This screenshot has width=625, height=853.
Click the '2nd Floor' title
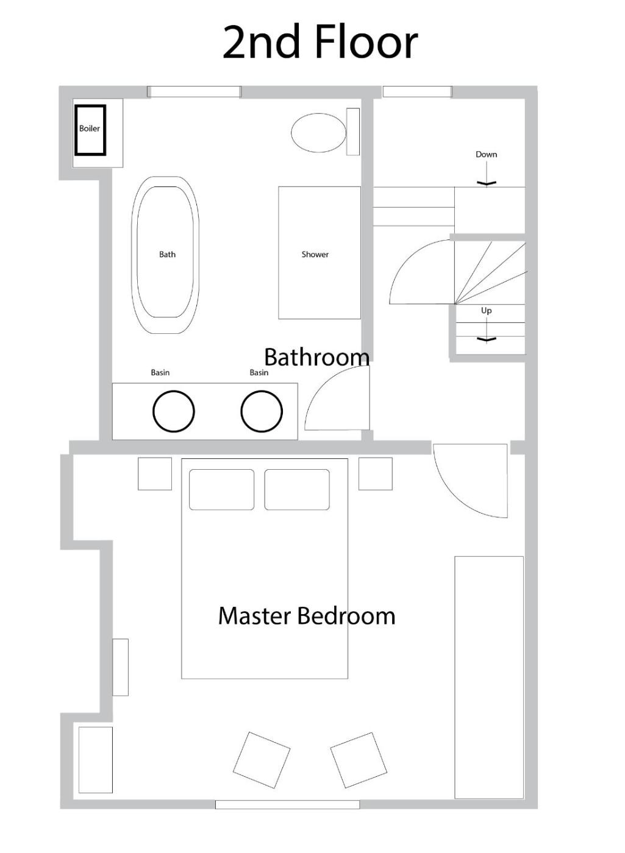click(x=320, y=42)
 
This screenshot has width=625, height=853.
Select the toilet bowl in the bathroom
click(x=318, y=133)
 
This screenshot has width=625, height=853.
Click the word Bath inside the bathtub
click(x=167, y=255)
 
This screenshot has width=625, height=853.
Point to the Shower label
click(x=315, y=255)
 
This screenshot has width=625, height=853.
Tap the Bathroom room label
click(x=316, y=357)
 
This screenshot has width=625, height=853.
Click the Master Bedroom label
click(x=306, y=616)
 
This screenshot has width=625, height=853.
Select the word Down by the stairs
click(x=487, y=154)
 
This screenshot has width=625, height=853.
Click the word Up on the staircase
click(x=487, y=311)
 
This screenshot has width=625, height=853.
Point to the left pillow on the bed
click(x=221, y=489)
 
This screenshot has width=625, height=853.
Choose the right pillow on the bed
click(x=297, y=489)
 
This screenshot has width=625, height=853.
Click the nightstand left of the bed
click(x=155, y=474)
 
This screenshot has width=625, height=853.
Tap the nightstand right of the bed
click(x=376, y=474)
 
